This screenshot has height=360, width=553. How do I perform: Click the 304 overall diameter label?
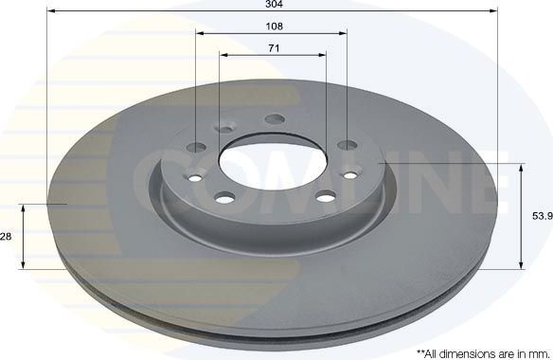point(273,5)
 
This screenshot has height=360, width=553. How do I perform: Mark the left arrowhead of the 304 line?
point(49,11)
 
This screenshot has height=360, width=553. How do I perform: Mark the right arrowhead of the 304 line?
point(494,11)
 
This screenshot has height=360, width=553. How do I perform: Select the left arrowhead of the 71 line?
point(223,54)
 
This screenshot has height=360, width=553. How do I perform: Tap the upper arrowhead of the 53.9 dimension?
point(522,167)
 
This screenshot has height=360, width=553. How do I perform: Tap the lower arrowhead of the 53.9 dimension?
point(522,266)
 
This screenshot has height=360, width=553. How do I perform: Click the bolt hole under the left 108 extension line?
point(198,146)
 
